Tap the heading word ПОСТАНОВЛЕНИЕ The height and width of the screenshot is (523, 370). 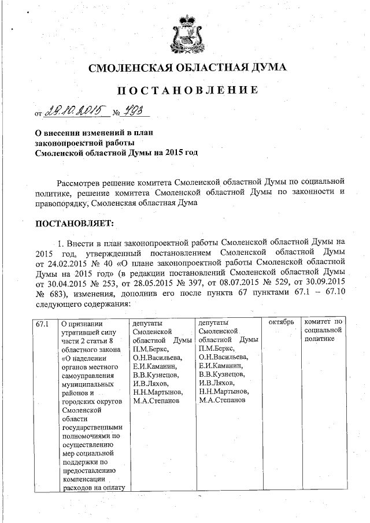187,91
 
